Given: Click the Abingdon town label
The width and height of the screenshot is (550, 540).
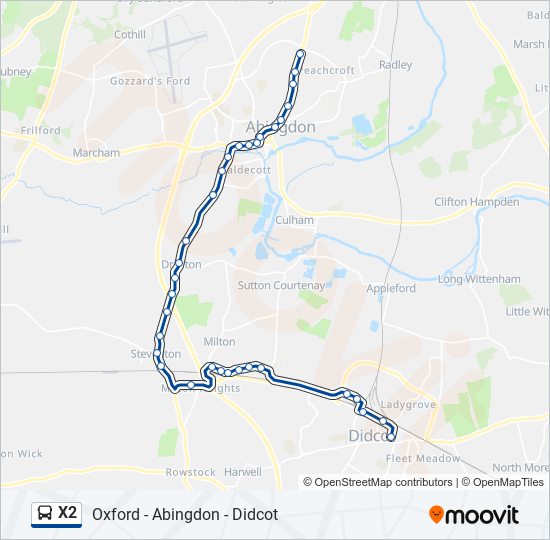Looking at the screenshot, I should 280,127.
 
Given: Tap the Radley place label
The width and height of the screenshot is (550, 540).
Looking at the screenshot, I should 395,65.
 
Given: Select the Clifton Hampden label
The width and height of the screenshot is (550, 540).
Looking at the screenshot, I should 476,202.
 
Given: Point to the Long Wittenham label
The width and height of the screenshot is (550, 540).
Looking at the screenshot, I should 478,279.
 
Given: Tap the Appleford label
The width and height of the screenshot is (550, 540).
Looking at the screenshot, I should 391,288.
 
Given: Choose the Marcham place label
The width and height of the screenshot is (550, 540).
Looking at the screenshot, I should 96,153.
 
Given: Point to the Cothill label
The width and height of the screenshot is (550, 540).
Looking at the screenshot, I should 130,34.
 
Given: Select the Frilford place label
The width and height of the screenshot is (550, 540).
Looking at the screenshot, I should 39,131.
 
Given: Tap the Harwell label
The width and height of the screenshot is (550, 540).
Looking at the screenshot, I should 243,472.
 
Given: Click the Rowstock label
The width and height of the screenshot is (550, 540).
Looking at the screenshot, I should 190,472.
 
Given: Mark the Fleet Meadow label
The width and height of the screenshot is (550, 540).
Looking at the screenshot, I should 423,459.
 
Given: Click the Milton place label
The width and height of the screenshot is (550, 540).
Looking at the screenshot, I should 219,341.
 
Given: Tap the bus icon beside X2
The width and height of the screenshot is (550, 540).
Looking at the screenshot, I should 45,514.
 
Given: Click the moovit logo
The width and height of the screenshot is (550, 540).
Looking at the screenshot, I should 474,514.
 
